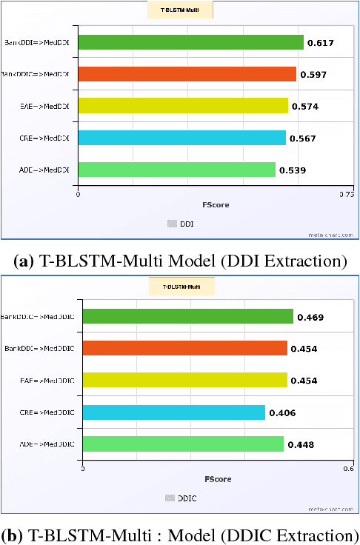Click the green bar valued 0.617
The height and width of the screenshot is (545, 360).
point(190,43)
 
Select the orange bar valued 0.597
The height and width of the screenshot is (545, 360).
point(187,74)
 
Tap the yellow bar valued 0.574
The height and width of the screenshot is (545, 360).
point(182,106)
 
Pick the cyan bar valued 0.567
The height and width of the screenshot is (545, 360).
point(181,138)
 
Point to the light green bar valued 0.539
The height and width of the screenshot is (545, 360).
point(176,170)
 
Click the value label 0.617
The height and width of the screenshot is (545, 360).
point(320,44)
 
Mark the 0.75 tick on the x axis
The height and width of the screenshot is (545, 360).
point(345,195)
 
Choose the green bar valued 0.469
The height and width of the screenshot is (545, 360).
point(187,317)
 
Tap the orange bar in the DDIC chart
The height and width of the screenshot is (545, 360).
point(184,348)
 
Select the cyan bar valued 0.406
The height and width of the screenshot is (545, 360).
point(173,412)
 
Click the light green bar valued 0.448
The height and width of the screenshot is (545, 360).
point(183,444)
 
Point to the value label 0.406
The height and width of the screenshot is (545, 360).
point(282,412)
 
